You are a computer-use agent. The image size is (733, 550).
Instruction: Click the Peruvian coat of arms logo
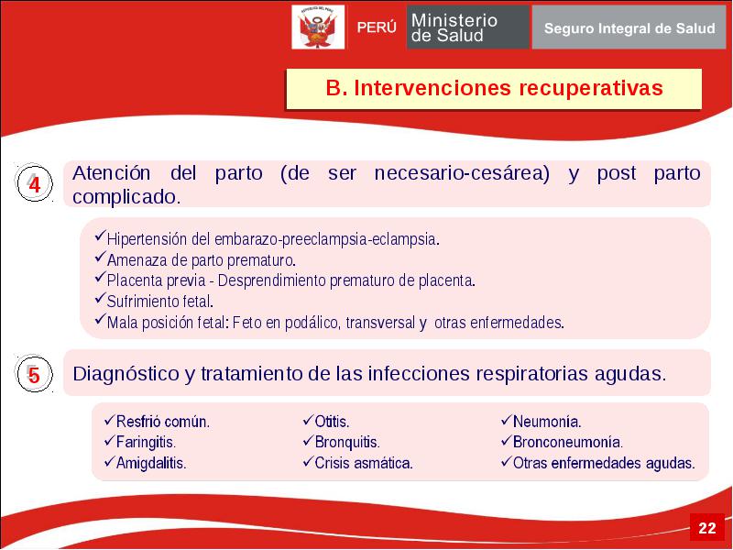coord(318,27)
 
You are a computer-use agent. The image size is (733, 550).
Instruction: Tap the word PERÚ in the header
coord(377,27)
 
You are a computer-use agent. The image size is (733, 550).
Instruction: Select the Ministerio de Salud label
coord(454,27)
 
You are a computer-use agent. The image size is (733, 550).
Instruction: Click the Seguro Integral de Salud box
coord(629,28)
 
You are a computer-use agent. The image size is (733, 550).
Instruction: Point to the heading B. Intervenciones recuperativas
coord(494,88)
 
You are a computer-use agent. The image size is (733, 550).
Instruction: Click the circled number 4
coord(34,183)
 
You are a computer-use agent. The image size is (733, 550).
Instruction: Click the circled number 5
coord(34,374)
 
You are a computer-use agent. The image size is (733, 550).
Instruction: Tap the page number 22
coord(706,528)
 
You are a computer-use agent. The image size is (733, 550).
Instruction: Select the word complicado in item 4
coord(126,197)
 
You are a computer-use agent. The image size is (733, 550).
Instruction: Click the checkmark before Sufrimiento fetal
coord(101,298)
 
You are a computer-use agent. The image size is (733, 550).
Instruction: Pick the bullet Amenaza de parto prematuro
coord(202,260)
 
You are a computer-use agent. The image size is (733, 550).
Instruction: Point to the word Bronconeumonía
coord(568,443)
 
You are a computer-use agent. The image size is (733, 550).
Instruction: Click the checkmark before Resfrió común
coord(109,421)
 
